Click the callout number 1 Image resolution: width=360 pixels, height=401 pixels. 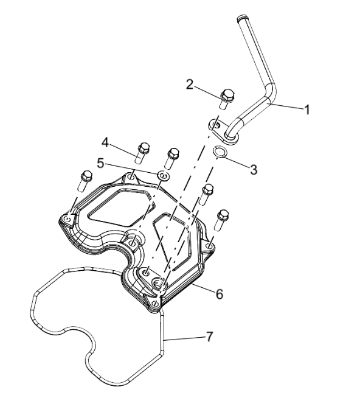(x=307, y=110)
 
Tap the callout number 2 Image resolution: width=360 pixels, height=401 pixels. (x=190, y=85)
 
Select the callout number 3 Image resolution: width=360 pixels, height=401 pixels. (x=254, y=169)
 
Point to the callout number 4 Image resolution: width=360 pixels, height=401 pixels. (x=105, y=142)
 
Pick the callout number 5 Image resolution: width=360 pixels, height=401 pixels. (x=101, y=163)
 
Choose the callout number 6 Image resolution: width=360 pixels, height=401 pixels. (x=220, y=294)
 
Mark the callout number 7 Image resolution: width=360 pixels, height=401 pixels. (x=209, y=336)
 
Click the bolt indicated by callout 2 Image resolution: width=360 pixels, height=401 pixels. (x=226, y=99)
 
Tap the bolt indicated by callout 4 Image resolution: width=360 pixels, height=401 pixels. (x=142, y=153)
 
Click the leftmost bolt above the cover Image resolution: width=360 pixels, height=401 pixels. (x=85, y=181)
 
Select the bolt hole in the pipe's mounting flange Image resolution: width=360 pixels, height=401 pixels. (x=216, y=125)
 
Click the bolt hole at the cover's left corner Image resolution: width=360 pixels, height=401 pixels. (x=67, y=219)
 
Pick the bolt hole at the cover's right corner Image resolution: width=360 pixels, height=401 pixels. (x=210, y=246)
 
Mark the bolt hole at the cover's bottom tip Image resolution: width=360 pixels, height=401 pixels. (x=155, y=303)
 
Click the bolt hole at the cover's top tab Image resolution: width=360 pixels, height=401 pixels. (x=131, y=176)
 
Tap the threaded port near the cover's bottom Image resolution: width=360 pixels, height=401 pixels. (x=158, y=283)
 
